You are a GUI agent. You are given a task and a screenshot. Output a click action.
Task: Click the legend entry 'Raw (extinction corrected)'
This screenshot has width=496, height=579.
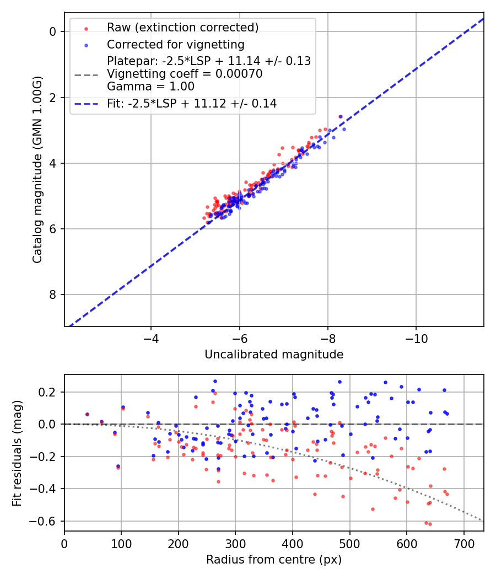[x=182, y=28]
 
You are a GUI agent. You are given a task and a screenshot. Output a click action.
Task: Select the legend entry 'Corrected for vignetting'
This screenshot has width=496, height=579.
[x=175, y=44]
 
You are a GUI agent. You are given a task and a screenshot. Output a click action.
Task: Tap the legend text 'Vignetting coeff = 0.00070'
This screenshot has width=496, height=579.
[x=185, y=74]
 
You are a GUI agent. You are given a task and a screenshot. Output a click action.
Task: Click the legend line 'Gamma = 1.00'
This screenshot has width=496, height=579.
[x=150, y=87]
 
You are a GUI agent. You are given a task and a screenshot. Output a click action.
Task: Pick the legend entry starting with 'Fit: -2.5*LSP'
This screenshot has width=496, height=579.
[x=192, y=103]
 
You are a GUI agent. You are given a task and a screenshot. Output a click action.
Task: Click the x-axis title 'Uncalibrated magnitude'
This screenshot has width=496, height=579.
[x=274, y=355]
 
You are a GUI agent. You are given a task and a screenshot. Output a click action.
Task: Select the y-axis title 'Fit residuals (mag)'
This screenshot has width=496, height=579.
[x=17, y=452]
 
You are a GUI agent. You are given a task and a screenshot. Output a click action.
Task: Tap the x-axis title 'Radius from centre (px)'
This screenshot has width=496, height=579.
[x=274, y=560]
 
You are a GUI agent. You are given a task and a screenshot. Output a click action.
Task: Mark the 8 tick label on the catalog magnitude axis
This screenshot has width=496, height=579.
[x=53, y=294]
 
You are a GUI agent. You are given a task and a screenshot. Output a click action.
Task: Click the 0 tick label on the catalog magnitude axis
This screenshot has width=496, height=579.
[x=53, y=31]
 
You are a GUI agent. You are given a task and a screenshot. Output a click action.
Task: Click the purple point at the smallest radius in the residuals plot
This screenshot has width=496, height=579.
[x=87, y=414]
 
